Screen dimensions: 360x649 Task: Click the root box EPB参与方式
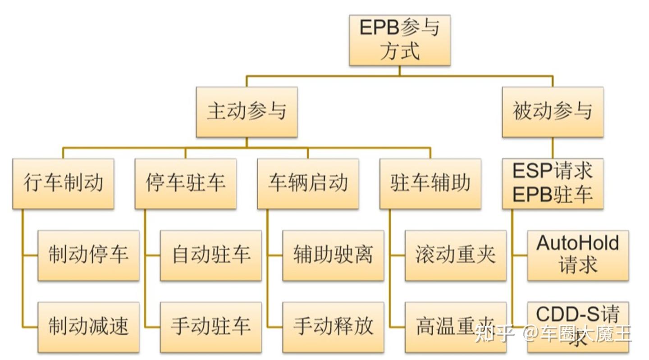click(399, 40)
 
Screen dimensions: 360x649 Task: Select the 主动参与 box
click(247, 112)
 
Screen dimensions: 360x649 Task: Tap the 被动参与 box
click(553, 112)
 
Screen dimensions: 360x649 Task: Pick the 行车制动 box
click(63, 183)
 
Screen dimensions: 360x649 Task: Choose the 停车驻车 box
click(185, 183)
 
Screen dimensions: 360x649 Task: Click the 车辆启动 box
click(308, 183)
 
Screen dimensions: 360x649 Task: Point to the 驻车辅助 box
click(430, 183)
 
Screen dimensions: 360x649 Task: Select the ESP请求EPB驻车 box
click(553, 183)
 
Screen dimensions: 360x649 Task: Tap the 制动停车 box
click(88, 255)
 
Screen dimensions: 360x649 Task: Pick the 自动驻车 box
click(210, 255)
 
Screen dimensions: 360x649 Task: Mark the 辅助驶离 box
click(333, 255)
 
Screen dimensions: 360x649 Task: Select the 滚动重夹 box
click(455, 255)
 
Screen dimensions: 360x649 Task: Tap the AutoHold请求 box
click(578, 255)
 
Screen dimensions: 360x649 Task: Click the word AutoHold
click(578, 244)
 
